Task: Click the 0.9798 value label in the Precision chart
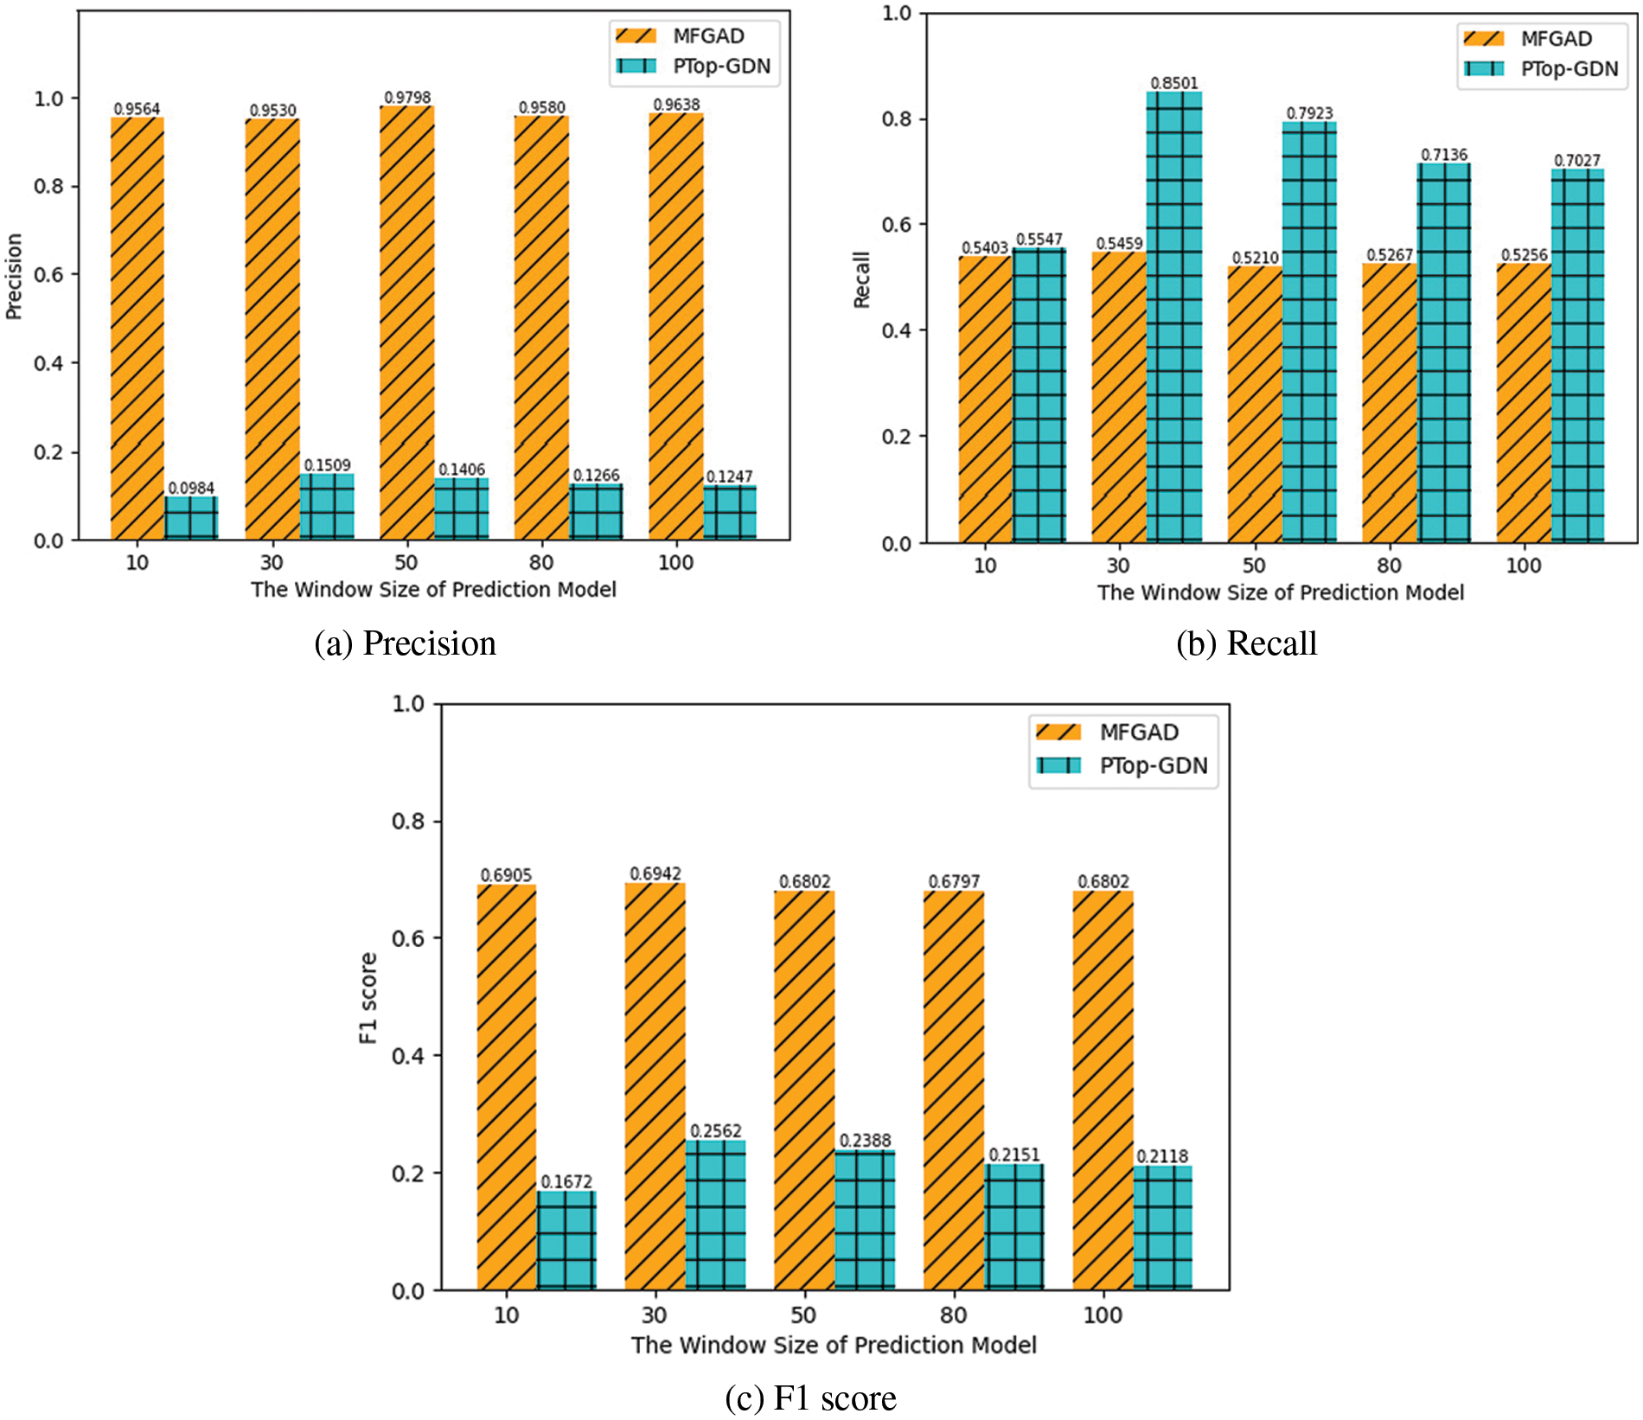tap(406, 98)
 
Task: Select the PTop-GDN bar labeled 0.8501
tap(1173, 317)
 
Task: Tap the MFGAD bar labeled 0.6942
tap(655, 1086)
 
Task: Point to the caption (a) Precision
tap(405, 643)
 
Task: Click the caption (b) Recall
tap(1246, 643)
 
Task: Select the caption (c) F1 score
tap(810, 1398)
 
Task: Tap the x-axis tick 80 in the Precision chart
tap(541, 563)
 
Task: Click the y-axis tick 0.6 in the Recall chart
tap(897, 225)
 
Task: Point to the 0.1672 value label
tap(566, 1181)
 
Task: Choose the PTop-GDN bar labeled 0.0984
tap(191, 518)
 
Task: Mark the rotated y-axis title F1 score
tap(368, 998)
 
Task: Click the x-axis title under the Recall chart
tap(1281, 592)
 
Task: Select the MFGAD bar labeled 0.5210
tap(1255, 404)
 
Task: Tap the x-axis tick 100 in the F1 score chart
tap(1103, 1315)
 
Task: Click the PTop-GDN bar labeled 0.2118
tap(1162, 1228)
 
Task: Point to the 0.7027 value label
tap(1576, 161)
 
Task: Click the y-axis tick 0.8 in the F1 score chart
tap(408, 821)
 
